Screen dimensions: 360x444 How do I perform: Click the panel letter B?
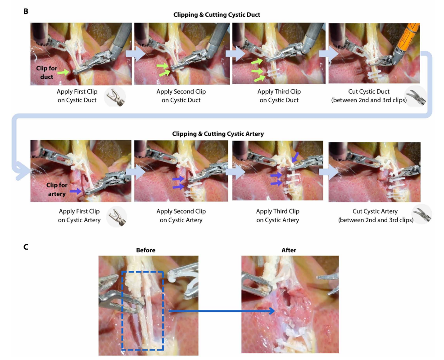pos(25,10)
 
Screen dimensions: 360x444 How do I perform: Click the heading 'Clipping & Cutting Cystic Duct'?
pos(217,15)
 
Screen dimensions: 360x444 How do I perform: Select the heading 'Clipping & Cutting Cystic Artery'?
pos(217,134)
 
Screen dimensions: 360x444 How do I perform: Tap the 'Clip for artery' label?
pos(56,190)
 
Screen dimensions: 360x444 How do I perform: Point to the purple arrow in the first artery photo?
pos(76,191)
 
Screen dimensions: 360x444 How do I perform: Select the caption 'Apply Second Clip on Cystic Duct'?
pos(181,96)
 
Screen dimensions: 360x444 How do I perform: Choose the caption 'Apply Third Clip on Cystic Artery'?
pos(277,215)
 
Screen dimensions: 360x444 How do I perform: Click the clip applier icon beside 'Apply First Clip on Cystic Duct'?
pos(115,97)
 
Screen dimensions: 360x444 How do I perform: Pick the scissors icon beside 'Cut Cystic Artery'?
pos(422,214)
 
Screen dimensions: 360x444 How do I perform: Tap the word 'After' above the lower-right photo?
pos(289,250)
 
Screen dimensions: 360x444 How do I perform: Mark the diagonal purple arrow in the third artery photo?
pos(294,158)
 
